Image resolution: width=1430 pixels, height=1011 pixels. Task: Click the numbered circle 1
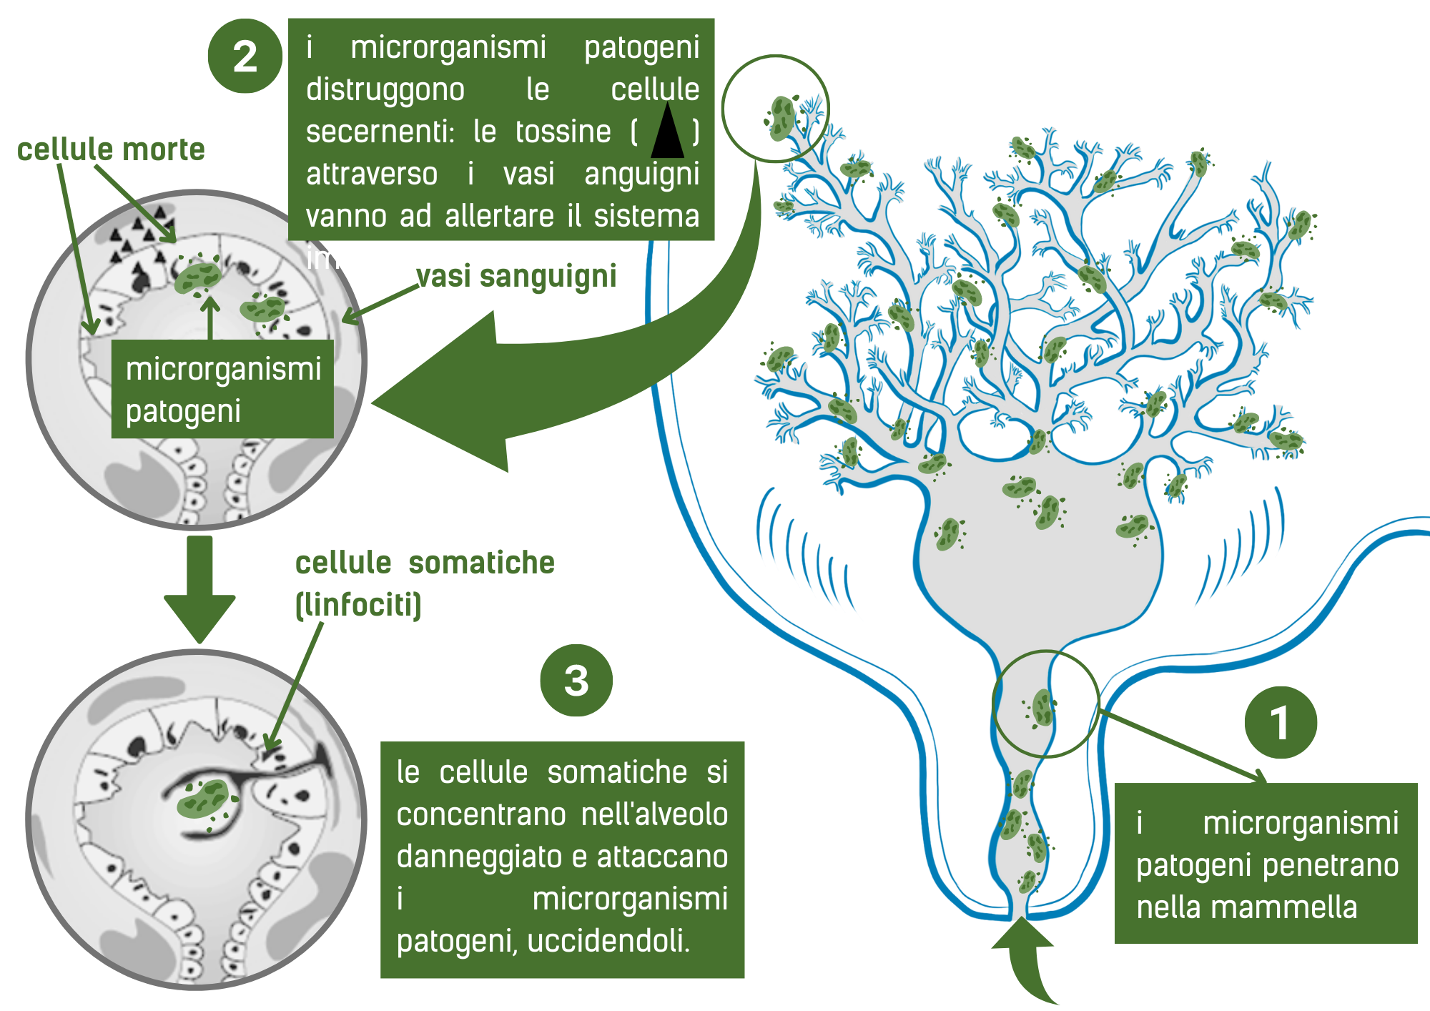1281,722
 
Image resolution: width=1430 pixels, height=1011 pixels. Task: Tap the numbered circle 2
245,56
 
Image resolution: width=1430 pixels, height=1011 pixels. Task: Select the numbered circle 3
576,680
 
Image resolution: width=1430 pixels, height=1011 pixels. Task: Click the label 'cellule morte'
111,150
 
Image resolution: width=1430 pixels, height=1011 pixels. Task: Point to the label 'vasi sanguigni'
516,277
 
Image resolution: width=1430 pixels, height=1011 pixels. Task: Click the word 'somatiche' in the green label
481,563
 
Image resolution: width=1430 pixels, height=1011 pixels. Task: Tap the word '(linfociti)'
359,605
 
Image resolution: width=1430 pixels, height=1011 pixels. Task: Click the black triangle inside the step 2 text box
667,131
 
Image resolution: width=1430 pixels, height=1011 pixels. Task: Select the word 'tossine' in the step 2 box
563,132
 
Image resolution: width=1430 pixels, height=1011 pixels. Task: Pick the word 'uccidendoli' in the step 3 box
608,941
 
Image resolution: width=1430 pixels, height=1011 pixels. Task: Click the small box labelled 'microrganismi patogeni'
222,389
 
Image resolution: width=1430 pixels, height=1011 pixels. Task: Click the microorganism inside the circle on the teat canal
1042,707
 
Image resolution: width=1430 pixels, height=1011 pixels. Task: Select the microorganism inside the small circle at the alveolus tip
782,117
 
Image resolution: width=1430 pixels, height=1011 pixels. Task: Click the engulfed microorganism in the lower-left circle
203,799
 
